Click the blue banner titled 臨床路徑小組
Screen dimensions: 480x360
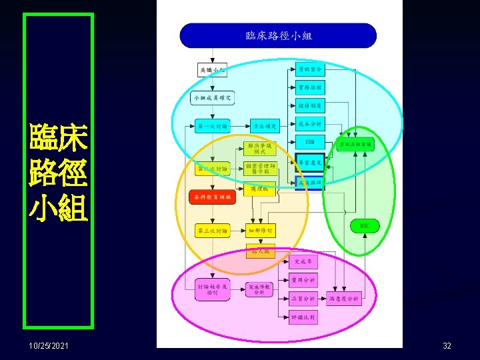click(278, 35)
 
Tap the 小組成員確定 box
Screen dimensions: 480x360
click(213, 98)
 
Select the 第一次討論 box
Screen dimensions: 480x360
click(213, 125)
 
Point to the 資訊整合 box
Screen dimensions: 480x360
click(309, 69)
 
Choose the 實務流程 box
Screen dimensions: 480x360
click(309, 87)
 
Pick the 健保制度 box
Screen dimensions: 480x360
click(309, 105)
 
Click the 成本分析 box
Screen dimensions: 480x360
click(309, 123)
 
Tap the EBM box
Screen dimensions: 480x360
click(309, 142)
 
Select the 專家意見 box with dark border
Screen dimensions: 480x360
click(309, 162)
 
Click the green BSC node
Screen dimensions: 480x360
click(365, 226)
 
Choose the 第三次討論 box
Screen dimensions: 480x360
click(213, 231)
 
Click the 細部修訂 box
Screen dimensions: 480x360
click(260, 231)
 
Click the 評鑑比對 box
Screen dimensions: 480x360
click(304, 317)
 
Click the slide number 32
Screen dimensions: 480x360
click(447, 346)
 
